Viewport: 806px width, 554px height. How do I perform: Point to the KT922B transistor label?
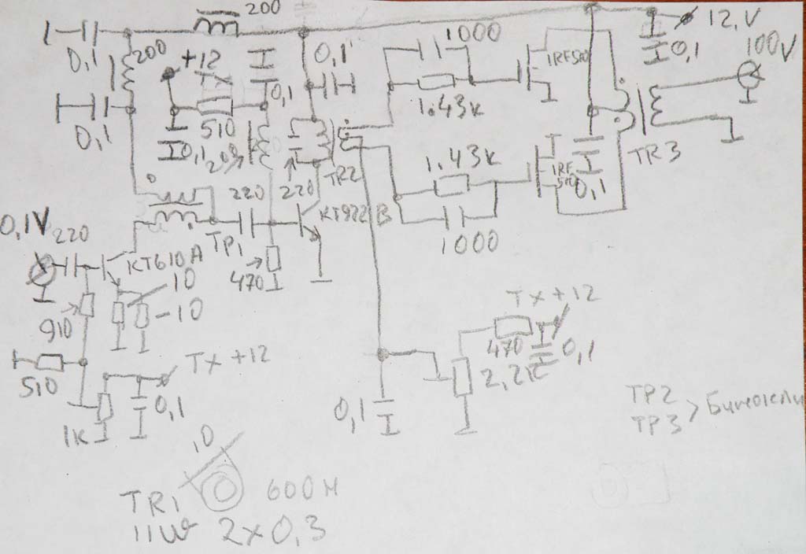[353, 212]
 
